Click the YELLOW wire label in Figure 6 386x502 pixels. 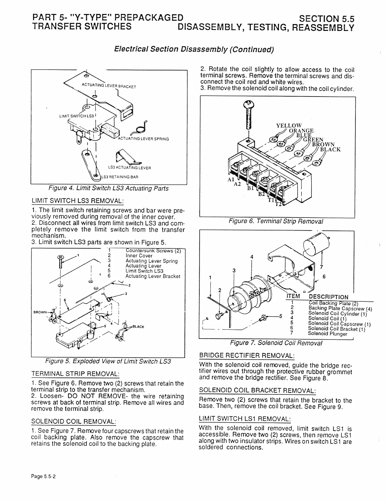click(x=289, y=126)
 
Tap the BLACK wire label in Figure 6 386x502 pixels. click(x=330, y=150)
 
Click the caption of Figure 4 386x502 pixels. click(x=108, y=188)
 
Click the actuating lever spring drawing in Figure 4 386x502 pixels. click(x=139, y=127)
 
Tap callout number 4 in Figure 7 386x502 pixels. click(x=251, y=257)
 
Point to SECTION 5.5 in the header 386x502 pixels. click(x=327, y=19)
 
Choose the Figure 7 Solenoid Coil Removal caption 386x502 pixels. click(x=276, y=343)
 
